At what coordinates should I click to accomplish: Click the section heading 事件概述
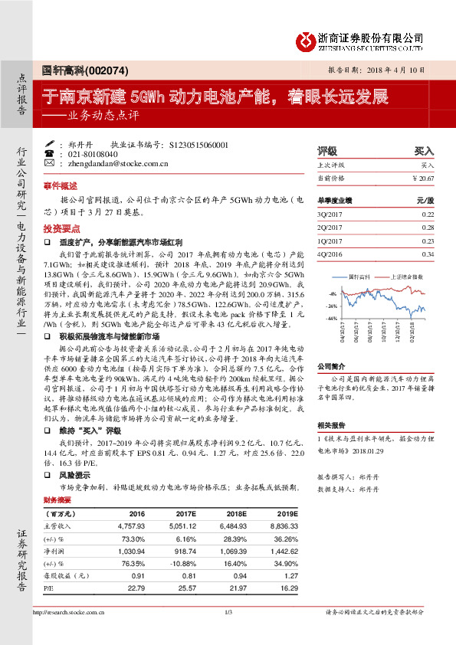(60, 185)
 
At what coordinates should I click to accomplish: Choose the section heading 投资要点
(60, 229)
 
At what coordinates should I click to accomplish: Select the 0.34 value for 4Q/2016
(428, 254)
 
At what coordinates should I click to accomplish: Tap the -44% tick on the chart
(330, 317)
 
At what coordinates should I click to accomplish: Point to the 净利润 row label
(57, 551)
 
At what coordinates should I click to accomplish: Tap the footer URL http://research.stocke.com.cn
(69, 612)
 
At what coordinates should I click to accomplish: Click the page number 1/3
(228, 612)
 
